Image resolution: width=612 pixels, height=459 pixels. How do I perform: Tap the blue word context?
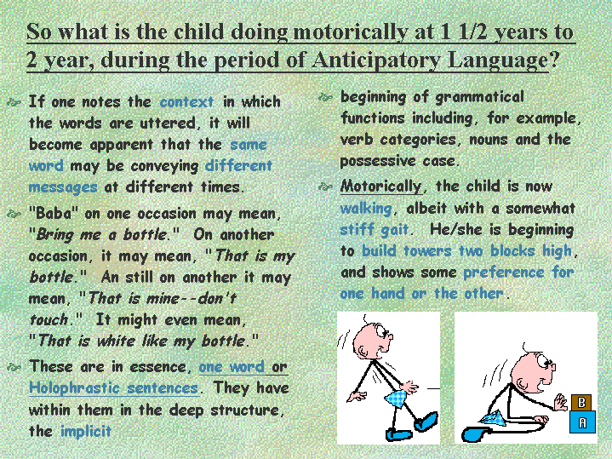coord(186,102)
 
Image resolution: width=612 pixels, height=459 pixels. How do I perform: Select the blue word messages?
coord(63,188)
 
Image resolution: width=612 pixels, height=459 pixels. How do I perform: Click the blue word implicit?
coord(86,431)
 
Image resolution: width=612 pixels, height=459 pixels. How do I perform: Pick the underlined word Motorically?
coord(381,186)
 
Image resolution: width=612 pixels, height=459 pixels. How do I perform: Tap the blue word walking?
coord(366,208)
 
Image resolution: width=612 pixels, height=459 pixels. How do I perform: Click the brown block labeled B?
coord(582,402)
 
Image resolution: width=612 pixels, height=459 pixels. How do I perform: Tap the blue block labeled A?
coord(582,422)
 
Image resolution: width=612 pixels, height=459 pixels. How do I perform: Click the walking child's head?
coord(373,341)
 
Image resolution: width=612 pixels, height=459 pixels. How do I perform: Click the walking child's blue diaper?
coord(396,398)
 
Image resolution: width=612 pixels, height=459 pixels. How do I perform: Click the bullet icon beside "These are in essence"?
coord(14,367)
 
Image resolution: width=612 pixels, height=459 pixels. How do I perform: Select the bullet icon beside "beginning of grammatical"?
coord(325,97)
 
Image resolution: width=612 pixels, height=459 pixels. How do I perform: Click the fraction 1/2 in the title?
coord(473,32)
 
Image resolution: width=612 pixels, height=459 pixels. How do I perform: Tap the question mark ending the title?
coord(554,60)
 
